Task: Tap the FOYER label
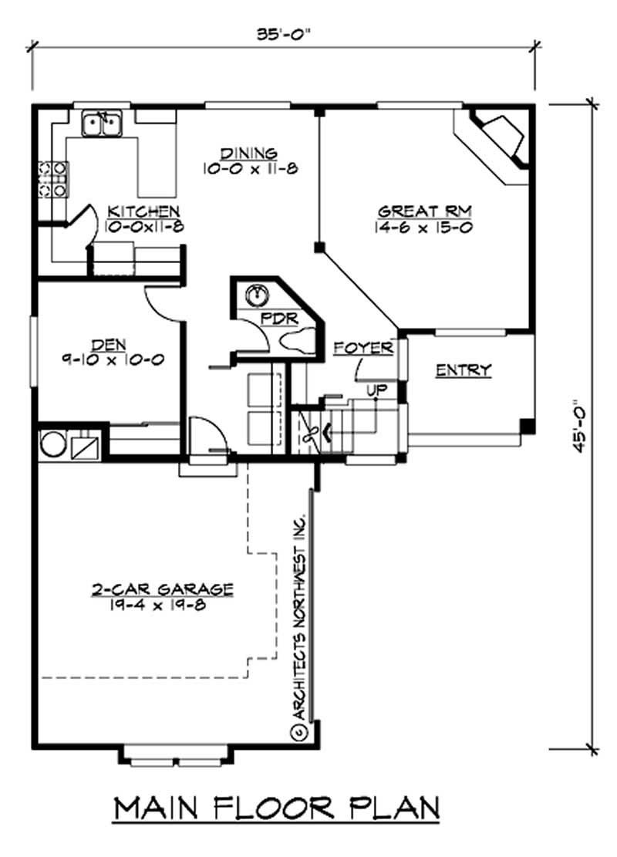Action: (x=362, y=348)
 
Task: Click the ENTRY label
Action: (x=464, y=370)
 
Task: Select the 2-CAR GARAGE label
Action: (x=162, y=589)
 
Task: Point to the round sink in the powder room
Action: (x=256, y=295)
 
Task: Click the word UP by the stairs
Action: (x=376, y=390)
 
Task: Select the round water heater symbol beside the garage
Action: (x=52, y=445)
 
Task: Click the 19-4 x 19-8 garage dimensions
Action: (x=162, y=605)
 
